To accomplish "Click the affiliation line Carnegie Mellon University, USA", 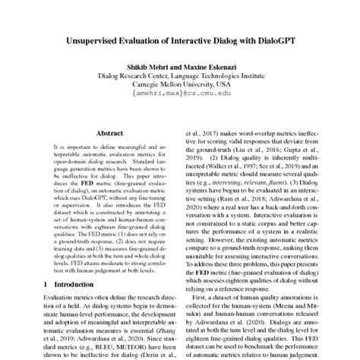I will point(179,87).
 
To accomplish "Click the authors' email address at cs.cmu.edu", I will point(180,96).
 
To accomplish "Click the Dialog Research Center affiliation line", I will point(180,77).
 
